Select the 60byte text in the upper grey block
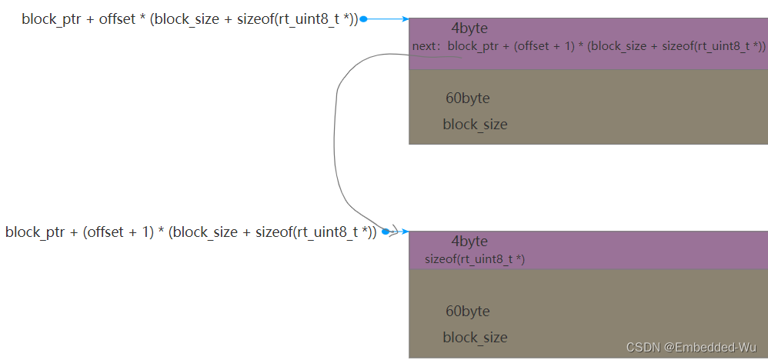coord(467,98)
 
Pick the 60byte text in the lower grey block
coord(467,312)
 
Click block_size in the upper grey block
coord(475,125)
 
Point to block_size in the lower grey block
coord(475,338)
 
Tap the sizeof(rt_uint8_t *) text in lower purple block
coord(475,260)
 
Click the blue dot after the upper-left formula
coord(363,19)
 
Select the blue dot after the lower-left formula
coord(385,232)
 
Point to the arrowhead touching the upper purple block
coord(404,19)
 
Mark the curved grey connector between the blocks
coord(337,138)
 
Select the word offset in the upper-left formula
coord(117,19)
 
